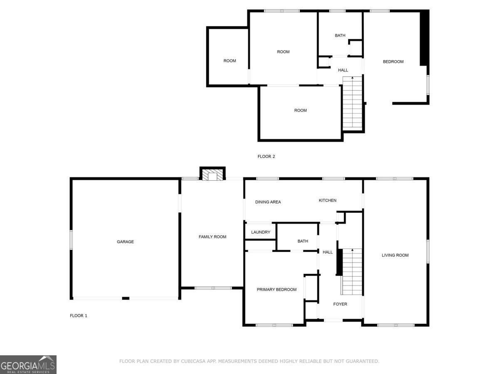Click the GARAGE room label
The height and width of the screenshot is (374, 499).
coord(125,241)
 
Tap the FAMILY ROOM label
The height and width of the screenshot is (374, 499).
coord(212,236)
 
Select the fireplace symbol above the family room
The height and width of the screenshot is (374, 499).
coord(212,174)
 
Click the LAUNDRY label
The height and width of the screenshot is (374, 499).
coord(261,232)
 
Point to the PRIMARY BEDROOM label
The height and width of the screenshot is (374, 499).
coord(277,289)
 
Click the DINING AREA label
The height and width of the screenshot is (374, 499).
coord(268,202)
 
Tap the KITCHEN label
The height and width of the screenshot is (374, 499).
coord(327,200)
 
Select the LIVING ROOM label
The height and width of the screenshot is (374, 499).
coord(395,255)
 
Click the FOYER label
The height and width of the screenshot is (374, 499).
coord(340,304)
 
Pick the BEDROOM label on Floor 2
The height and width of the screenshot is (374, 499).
coord(393,62)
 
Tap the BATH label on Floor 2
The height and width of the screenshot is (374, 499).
coord(340,35)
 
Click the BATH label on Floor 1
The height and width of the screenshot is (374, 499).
coord(303,241)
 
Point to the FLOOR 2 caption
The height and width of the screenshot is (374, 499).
coord(266,157)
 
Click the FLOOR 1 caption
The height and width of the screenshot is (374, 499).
coord(79,316)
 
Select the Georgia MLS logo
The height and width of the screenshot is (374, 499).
coord(28,364)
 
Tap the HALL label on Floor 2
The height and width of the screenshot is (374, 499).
coord(343,70)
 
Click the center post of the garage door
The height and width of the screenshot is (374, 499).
coord(126,298)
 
